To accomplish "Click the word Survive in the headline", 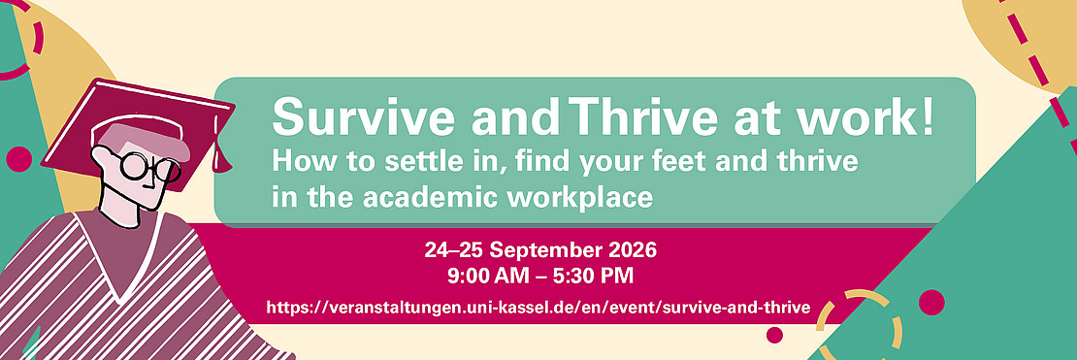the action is pyautogui.click(x=363, y=116).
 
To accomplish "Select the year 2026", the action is pyautogui.click(x=631, y=249).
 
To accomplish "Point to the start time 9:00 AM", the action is pyautogui.click(x=488, y=277).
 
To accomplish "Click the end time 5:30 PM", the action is pyautogui.click(x=594, y=277).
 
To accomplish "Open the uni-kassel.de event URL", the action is pyautogui.click(x=538, y=307).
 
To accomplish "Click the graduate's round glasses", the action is pyautogui.click(x=147, y=166).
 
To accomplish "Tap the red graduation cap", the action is pyautogui.click(x=138, y=131).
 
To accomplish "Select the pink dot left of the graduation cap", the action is pyautogui.click(x=18, y=159).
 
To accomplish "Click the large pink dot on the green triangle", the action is pyautogui.click(x=931, y=303).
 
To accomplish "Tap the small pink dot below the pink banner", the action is pyautogui.click(x=775, y=335).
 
